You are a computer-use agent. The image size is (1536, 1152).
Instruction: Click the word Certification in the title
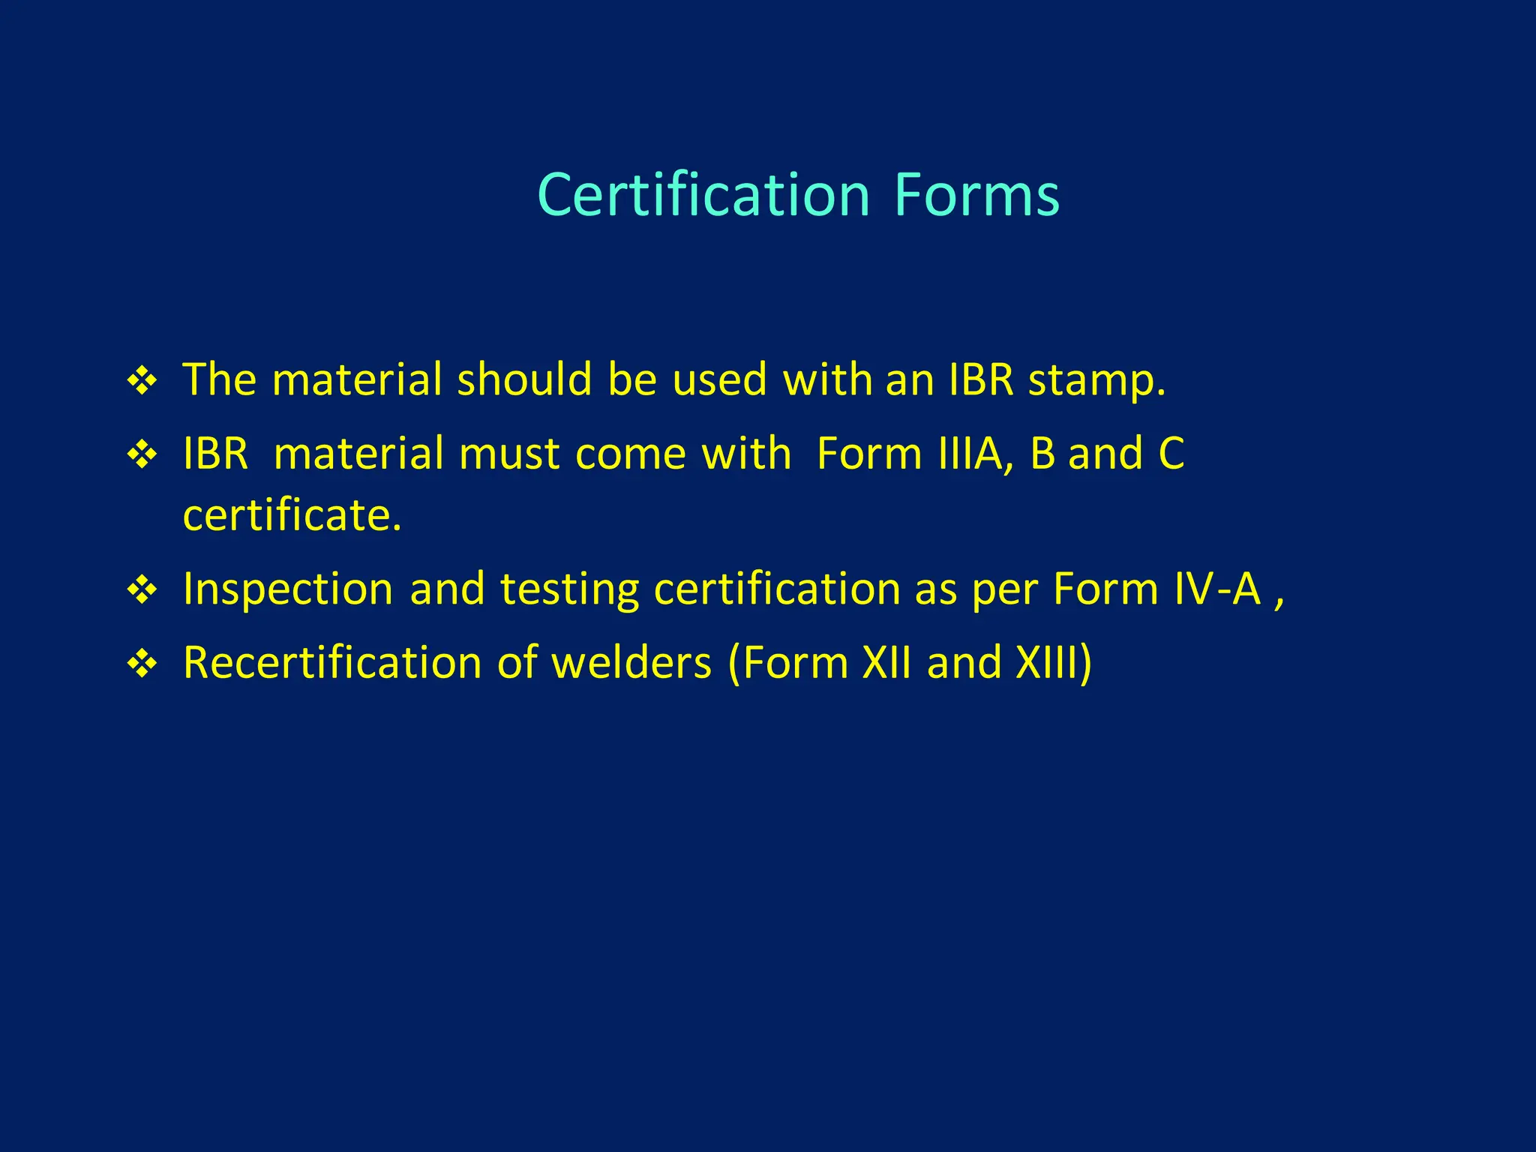pos(703,195)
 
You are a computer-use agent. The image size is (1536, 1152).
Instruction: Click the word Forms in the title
pos(976,195)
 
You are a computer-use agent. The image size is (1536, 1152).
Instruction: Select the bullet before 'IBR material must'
pos(142,454)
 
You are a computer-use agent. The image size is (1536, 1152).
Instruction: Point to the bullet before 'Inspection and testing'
pos(142,589)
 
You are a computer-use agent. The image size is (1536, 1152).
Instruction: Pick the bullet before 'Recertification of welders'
pos(142,664)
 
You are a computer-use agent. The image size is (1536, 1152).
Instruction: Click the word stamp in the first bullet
pos(1096,380)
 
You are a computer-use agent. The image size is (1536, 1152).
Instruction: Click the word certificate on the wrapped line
pos(292,515)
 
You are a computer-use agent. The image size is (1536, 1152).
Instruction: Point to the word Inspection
pos(288,589)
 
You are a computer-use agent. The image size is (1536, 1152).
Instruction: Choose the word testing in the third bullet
pos(569,589)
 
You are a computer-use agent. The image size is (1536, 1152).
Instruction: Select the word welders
pos(631,663)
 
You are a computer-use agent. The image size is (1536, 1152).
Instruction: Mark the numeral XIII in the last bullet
pos(1046,663)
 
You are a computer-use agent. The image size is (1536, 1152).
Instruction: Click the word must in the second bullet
pos(509,454)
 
